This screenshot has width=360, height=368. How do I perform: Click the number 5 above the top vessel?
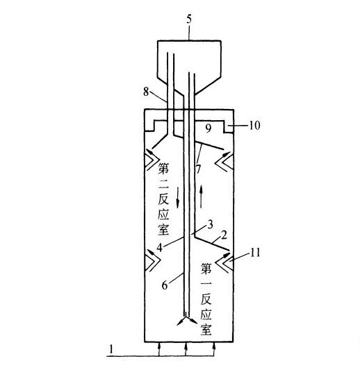tap(189, 19)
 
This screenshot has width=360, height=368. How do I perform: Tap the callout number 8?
tap(146, 92)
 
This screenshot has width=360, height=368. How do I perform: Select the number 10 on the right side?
tap(254, 125)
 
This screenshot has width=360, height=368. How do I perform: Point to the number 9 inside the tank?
tap(208, 128)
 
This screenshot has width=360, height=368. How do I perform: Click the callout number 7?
tap(199, 169)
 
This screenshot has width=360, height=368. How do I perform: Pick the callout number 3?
tap(210, 224)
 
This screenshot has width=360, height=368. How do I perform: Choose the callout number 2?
tap(224, 235)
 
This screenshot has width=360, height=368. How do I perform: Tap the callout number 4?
tap(160, 247)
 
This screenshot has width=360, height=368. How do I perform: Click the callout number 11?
tap(255, 253)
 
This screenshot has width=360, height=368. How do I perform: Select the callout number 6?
tap(165, 285)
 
